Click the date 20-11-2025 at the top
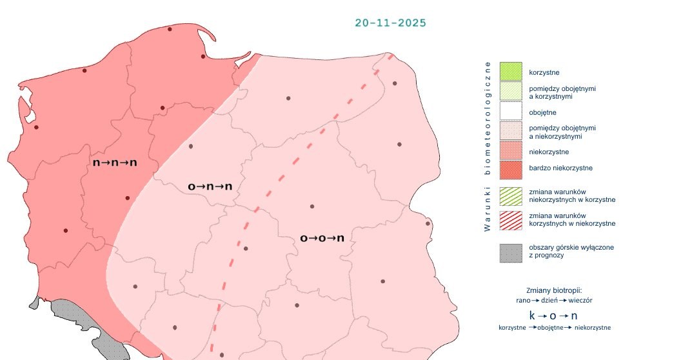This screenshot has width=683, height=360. (390, 23)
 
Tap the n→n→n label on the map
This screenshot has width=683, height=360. (115, 163)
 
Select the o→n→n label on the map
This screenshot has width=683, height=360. (210, 186)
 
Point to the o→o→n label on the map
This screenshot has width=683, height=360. (322, 238)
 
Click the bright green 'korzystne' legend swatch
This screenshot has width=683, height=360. (510, 72)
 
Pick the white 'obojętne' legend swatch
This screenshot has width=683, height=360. (510, 112)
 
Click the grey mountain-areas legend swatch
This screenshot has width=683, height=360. (510, 252)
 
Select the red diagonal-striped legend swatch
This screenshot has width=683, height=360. (510, 219)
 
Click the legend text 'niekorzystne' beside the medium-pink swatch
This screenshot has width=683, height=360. (548, 152)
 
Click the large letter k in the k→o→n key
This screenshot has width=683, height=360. (532, 315)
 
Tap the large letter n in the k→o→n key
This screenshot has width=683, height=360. (574, 315)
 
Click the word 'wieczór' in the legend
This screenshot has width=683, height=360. (580, 300)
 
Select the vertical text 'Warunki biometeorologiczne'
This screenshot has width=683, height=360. (488, 146)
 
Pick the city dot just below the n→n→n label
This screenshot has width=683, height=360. (127, 198)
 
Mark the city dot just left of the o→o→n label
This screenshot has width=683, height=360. (246, 248)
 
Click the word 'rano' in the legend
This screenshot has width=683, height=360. (523, 300)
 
